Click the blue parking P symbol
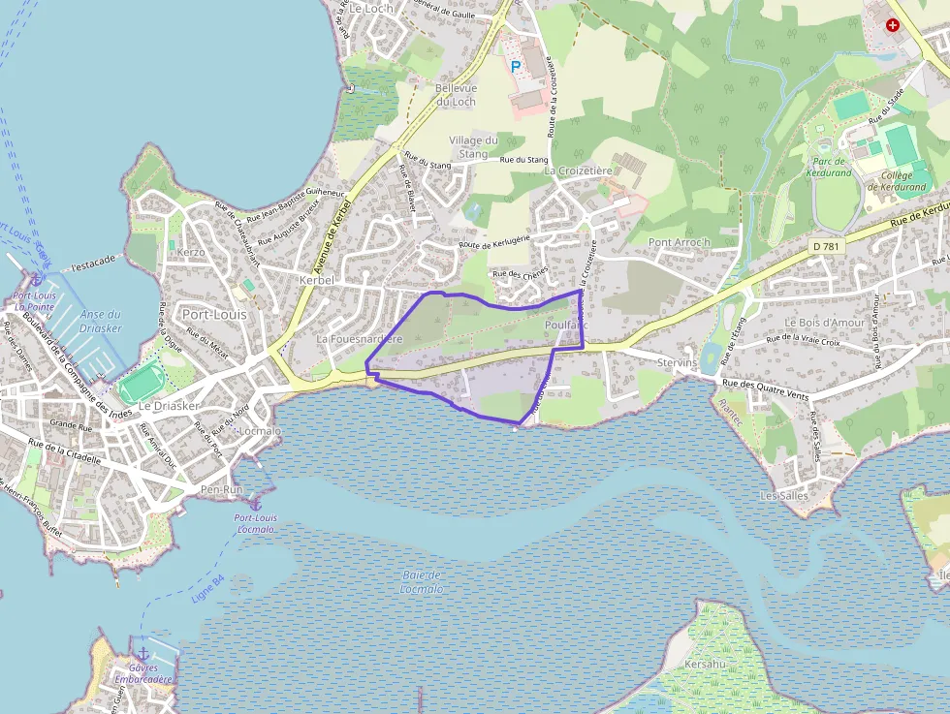[x=516, y=66]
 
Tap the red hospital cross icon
[x=892, y=25]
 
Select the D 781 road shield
[x=826, y=247]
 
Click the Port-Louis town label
[x=214, y=315]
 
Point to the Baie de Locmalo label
[x=422, y=581]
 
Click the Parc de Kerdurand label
[x=828, y=167]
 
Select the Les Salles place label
[x=783, y=495]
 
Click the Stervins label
[x=677, y=362]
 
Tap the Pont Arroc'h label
[x=680, y=242]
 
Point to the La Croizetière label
[x=579, y=171]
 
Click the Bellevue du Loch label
[x=456, y=95]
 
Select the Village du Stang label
[x=473, y=146]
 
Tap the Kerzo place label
[x=190, y=252]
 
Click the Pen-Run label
[x=221, y=490]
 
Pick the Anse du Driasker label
[x=101, y=321]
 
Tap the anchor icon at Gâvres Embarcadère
[x=143, y=654]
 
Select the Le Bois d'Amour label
[x=824, y=322]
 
